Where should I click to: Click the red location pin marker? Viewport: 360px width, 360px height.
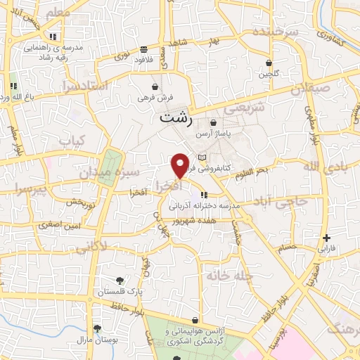click(x=181, y=165)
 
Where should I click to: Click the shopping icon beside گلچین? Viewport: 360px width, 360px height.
click(x=269, y=63)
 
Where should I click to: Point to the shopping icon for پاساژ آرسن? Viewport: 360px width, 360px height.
click(x=213, y=123)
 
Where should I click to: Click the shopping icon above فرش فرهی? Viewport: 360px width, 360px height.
click(x=155, y=86)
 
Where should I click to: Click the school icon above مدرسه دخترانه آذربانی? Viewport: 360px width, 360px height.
click(x=204, y=195)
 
